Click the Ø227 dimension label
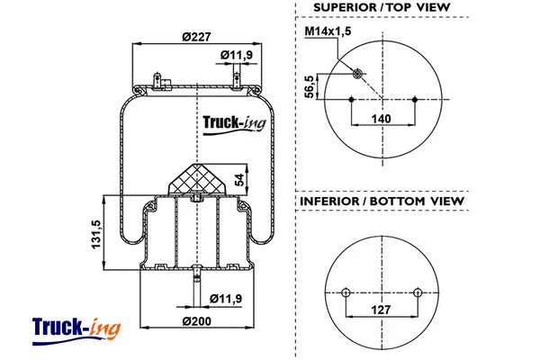click(195, 37)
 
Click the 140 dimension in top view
click(382, 118)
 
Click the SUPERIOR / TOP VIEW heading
click(382, 8)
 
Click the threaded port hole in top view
click(358, 73)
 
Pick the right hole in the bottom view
click(417, 292)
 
